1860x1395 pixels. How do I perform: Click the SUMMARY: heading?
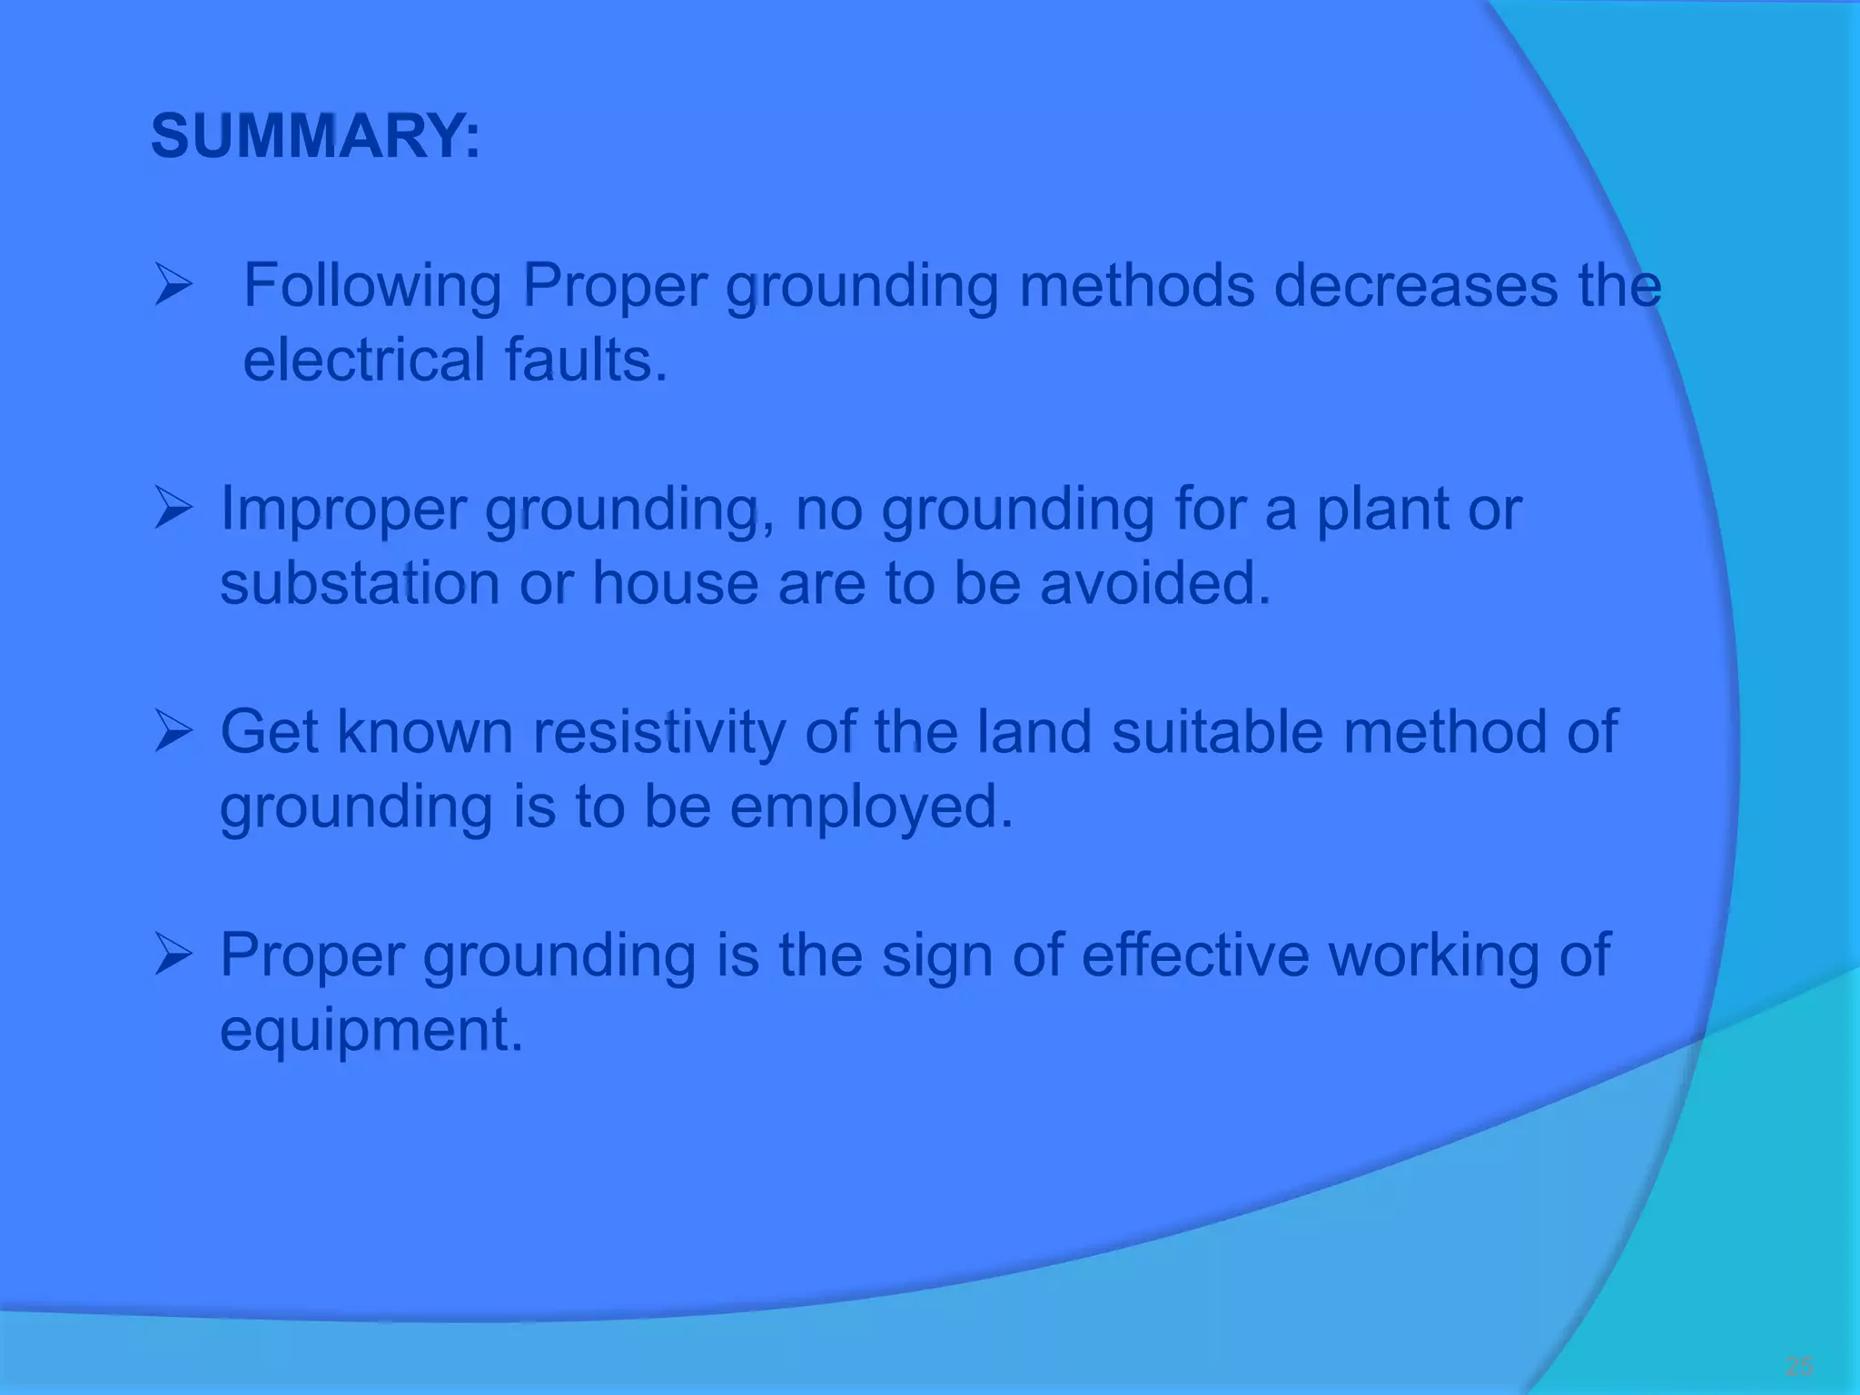(315, 137)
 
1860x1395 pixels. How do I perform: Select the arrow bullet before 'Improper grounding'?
(173, 510)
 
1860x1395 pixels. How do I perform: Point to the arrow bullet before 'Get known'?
(173, 733)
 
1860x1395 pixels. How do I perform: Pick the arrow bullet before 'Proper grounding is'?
(173, 956)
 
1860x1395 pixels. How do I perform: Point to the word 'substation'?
(360, 583)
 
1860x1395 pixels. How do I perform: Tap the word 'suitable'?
(1218, 733)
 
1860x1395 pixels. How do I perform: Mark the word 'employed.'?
(871, 807)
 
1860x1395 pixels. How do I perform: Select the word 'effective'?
(1195, 956)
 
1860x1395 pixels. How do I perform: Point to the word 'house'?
(676, 583)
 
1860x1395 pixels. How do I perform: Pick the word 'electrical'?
(364, 361)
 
